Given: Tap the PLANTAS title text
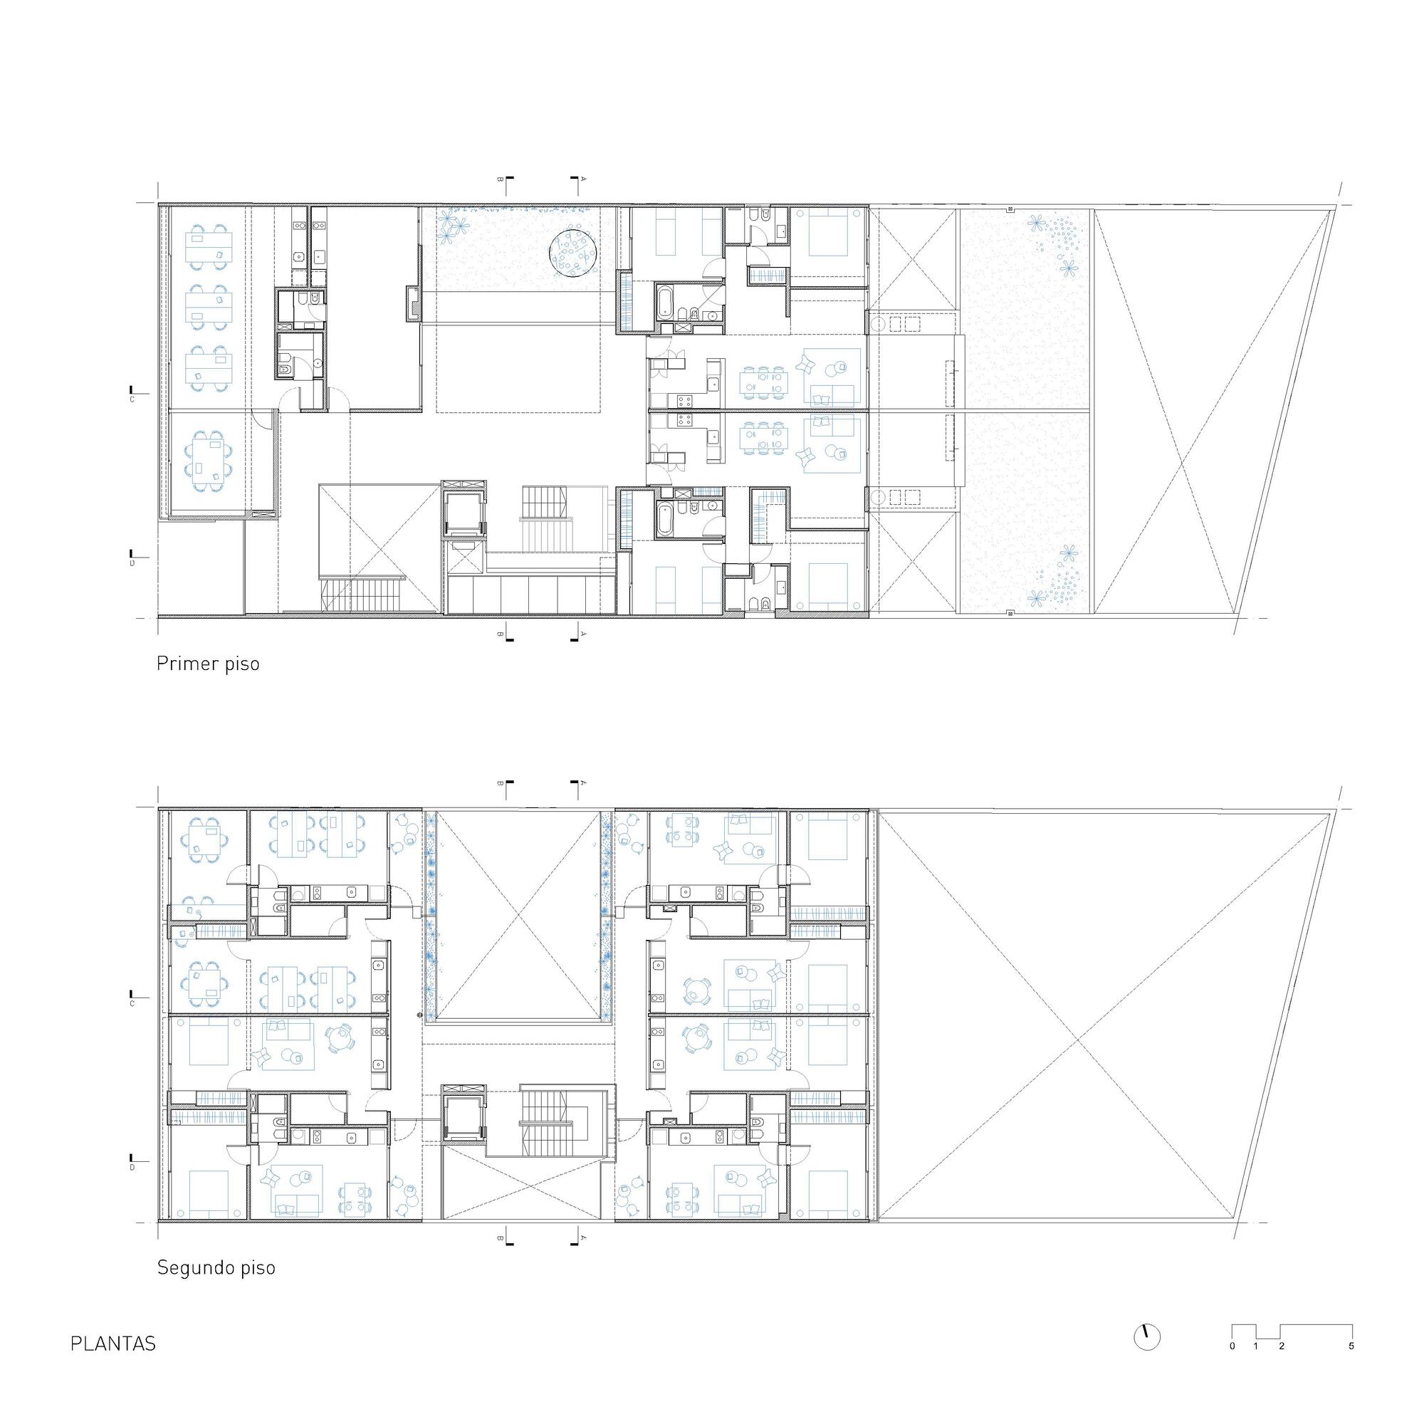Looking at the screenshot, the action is pyautogui.click(x=112, y=1344).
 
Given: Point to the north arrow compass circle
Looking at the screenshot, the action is pyautogui.click(x=1147, y=1337).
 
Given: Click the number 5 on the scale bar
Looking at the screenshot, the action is pyautogui.click(x=1352, y=1346).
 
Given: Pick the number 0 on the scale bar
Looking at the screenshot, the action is pyautogui.click(x=1232, y=1346).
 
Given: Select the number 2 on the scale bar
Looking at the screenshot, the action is pyautogui.click(x=1282, y=1346).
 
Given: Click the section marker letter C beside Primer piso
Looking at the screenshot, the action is pyautogui.click(x=132, y=399).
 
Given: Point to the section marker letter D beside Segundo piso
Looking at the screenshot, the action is pyautogui.click(x=132, y=1168).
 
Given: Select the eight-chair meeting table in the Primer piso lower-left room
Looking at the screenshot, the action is pyautogui.click(x=207, y=461).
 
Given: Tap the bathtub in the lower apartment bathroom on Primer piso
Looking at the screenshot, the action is pyautogui.click(x=664, y=517).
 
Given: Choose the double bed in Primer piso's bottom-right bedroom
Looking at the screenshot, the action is pyautogui.click(x=835, y=587).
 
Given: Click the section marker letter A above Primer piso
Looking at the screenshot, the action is pyautogui.click(x=584, y=179).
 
